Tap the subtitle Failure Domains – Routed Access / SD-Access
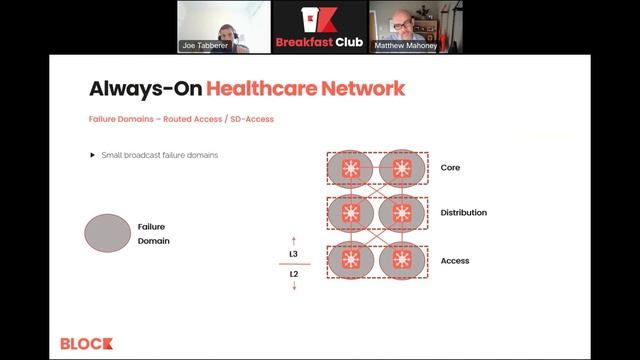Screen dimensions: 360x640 (x=181, y=119)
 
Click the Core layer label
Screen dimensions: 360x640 (x=450, y=168)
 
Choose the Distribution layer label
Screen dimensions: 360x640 (x=464, y=213)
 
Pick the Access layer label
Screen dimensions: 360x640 (x=455, y=261)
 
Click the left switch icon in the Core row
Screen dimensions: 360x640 (x=351, y=168)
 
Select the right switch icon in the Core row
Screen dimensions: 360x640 (x=401, y=168)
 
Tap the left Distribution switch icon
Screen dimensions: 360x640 (x=351, y=213)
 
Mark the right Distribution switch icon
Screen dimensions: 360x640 (x=401, y=213)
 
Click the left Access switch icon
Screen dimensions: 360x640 (x=351, y=259)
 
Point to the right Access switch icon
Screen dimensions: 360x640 (x=401, y=259)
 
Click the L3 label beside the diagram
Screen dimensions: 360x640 (x=294, y=254)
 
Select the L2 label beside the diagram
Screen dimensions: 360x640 (x=294, y=273)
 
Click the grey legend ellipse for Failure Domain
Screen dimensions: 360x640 (x=107, y=233)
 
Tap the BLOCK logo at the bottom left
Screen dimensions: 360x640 (x=86, y=343)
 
